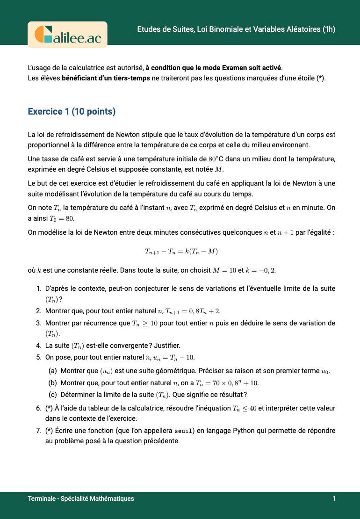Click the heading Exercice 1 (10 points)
(x=72, y=112)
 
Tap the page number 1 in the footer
(x=334, y=498)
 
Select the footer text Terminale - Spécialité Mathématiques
(x=81, y=498)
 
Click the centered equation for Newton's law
(x=181, y=251)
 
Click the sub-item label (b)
(x=53, y=383)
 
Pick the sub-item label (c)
(x=53, y=394)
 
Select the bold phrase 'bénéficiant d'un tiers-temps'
(x=106, y=78)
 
